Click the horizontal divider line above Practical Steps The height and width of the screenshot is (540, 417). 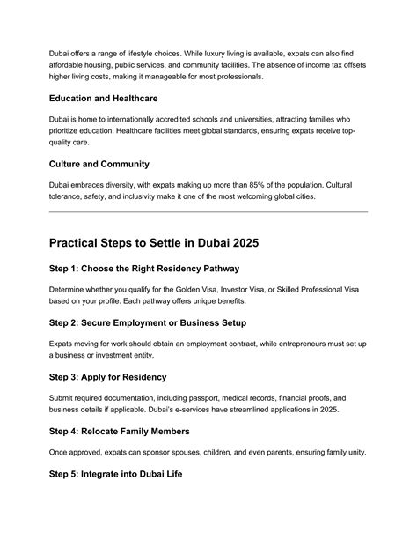pos(208,211)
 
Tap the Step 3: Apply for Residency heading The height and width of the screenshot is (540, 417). pos(107,376)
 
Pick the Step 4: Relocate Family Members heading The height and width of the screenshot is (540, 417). pos(119,431)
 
